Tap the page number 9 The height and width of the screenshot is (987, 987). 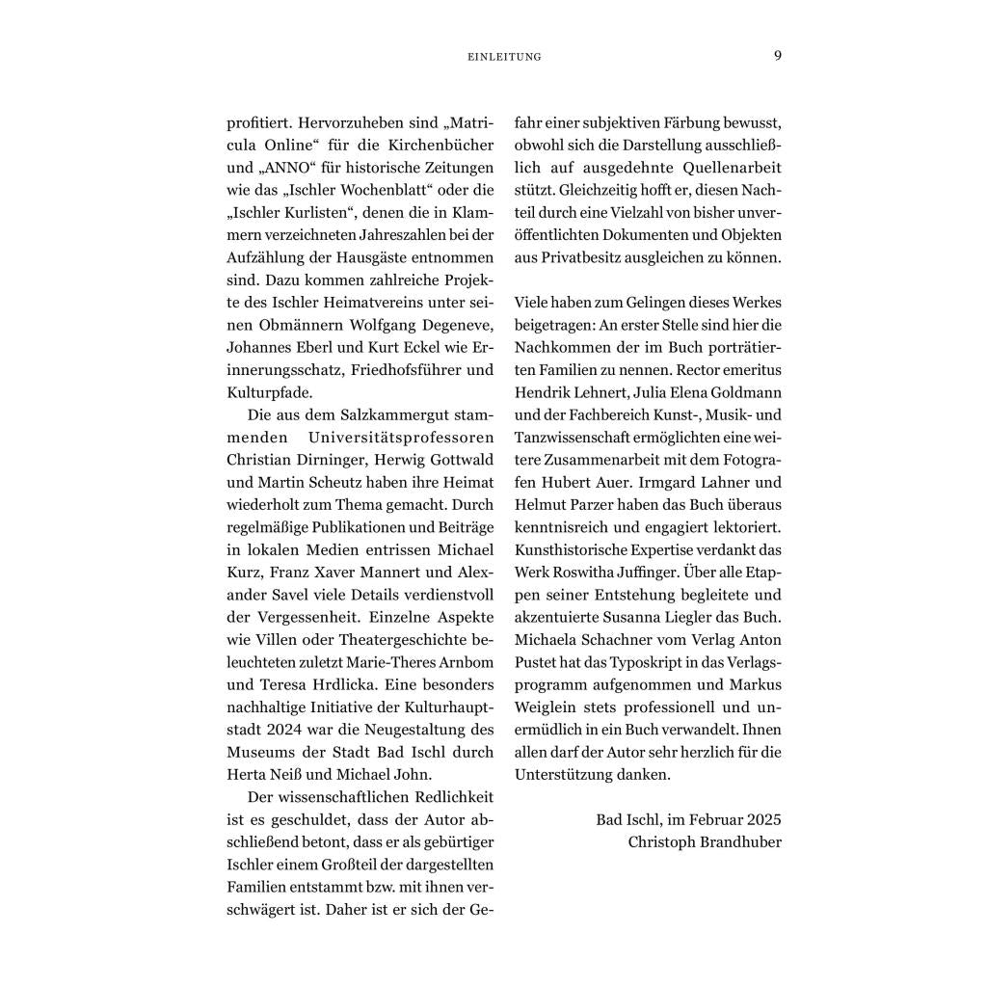tap(778, 55)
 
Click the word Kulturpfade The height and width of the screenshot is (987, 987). tap(270, 393)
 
